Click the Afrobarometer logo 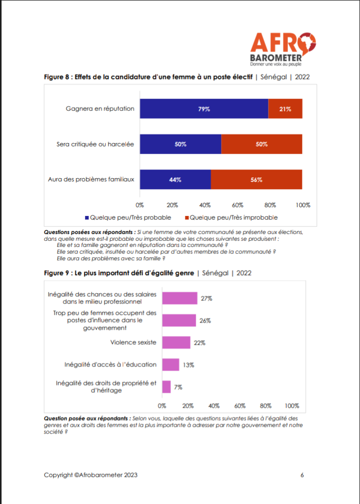coord(283,49)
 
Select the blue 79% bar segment coord(204,109)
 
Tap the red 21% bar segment coord(285,109)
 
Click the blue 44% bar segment coord(175,179)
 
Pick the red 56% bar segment coord(256,179)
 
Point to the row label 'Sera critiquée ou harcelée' coord(95,144)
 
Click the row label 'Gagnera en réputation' coord(100,109)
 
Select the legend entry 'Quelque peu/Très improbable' coord(233,217)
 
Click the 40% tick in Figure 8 coord(204,205)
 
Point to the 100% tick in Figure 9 coord(292,405)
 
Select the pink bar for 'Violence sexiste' coord(176,342)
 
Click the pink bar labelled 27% coord(180,298)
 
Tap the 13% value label coord(188,365)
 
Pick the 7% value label coord(178,387)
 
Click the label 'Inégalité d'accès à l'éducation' coord(110,365)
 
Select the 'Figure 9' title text coord(118,273)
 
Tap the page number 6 coord(302,475)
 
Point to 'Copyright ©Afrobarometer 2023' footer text coord(91,475)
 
